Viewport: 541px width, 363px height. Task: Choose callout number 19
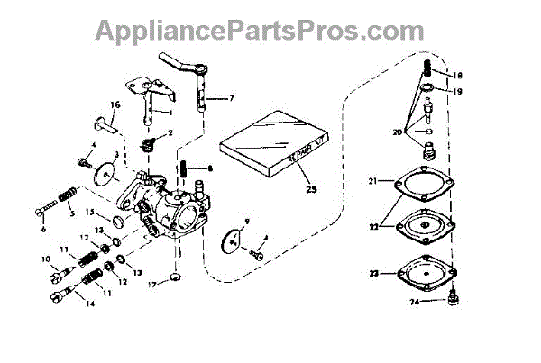(x=458, y=91)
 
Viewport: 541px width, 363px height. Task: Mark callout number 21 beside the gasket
(x=372, y=183)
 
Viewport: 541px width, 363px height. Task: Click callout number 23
(x=372, y=273)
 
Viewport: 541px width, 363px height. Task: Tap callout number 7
(x=232, y=97)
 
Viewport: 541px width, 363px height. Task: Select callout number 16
(x=115, y=104)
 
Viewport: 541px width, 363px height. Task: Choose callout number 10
(x=45, y=259)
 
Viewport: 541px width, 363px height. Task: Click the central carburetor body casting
(x=176, y=207)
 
